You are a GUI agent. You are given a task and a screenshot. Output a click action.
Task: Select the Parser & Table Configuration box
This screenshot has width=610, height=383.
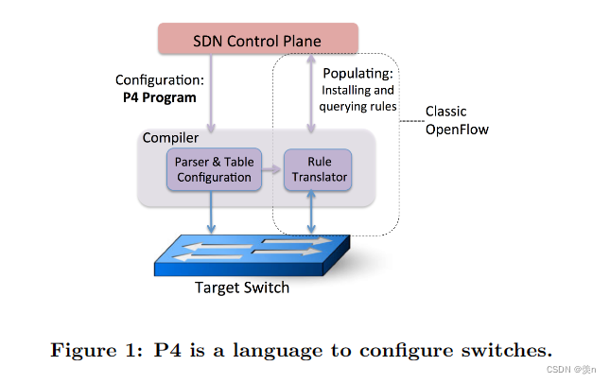pos(213,169)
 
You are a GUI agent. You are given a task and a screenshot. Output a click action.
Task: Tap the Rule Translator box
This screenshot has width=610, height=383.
pos(317,169)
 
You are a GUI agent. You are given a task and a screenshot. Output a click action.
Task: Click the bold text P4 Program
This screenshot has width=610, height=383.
pos(158,97)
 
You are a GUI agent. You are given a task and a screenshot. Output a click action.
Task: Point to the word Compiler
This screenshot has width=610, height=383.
pos(170,138)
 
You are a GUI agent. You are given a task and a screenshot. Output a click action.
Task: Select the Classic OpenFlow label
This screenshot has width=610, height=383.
pos(457,120)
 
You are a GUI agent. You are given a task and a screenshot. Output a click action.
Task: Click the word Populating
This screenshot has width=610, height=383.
pos(358,74)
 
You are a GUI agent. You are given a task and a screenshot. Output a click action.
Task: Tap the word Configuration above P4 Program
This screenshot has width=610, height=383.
pos(158,80)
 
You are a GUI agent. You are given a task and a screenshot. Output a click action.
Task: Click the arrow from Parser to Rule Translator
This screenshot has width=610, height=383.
pos(270,169)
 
